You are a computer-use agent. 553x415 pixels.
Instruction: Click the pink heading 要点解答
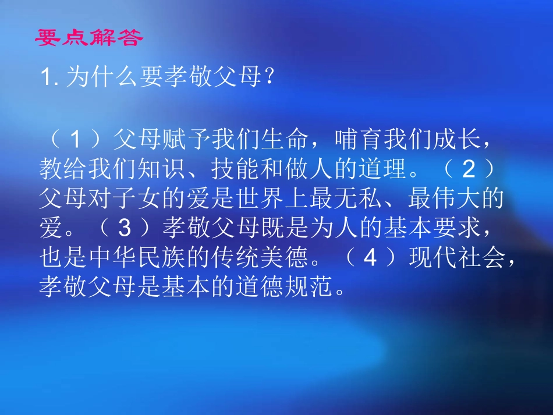pyautogui.click(x=88, y=38)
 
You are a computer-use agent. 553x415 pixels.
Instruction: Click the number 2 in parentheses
pyautogui.click(x=469, y=169)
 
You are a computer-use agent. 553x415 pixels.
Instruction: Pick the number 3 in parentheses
pyautogui.click(x=123, y=228)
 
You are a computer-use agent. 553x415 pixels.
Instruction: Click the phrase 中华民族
pyautogui.click(x=137, y=257)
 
